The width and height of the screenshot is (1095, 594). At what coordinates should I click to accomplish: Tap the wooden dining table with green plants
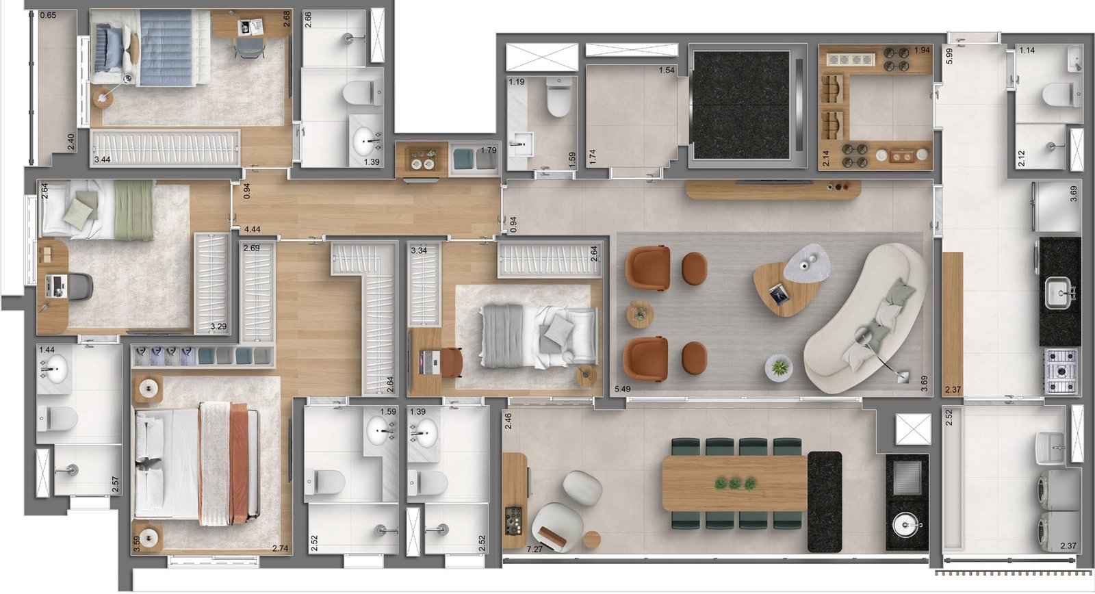pos(734,484)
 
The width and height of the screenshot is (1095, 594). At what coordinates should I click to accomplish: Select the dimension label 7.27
pos(534,549)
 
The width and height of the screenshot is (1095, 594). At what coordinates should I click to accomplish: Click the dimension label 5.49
pos(623,389)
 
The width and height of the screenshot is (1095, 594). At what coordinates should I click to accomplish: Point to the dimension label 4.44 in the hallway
pos(253,229)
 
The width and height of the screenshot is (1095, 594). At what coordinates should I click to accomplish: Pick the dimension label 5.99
pos(949,55)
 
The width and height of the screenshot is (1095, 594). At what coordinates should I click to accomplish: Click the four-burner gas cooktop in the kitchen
pos(1061,371)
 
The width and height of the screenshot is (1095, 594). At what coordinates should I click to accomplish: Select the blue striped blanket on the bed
pos(166,47)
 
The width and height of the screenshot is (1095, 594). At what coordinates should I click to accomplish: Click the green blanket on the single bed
pos(134,209)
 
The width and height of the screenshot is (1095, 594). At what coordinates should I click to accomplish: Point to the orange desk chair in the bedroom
pos(451,362)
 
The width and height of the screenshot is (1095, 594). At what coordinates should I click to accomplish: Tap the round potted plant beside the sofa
pos(779,368)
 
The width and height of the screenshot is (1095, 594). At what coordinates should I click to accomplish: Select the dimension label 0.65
pos(48,15)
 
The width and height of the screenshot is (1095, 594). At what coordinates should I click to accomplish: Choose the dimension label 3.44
pos(103,159)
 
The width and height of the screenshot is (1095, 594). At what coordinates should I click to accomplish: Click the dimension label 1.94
pos(922,50)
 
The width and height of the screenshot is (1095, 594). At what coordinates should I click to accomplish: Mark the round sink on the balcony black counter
pos(907,526)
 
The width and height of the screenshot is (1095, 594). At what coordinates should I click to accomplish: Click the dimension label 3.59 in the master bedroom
pos(137,544)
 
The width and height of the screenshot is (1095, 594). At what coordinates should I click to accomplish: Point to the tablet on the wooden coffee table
pos(777,295)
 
